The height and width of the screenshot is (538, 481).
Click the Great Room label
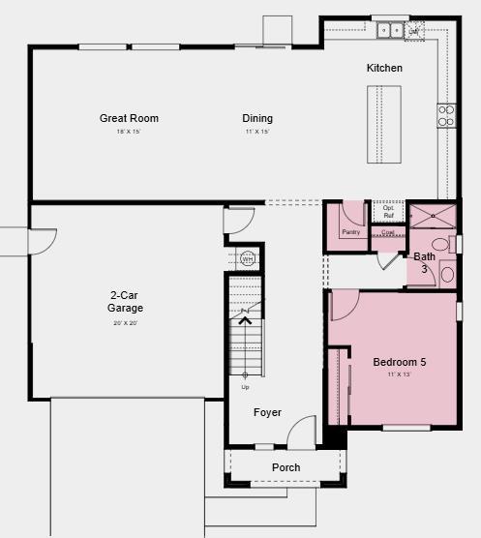[x=129, y=119]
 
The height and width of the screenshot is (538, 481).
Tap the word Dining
[x=256, y=119]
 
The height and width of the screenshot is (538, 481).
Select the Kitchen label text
[x=384, y=68]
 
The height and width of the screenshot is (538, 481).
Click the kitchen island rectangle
[x=383, y=124]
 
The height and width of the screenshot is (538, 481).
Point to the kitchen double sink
[x=391, y=30]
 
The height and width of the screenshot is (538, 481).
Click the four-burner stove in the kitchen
[x=446, y=115]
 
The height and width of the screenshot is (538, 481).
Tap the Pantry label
[x=350, y=232]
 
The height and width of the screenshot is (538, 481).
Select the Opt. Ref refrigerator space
[x=388, y=211]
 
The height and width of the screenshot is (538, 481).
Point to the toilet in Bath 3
[x=442, y=244]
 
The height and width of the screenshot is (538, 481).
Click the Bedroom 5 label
[x=400, y=363]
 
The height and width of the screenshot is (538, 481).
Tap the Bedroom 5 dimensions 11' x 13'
[x=400, y=374]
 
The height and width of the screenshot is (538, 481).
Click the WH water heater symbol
[x=247, y=258]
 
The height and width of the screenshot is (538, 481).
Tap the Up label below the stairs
[x=245, y=387]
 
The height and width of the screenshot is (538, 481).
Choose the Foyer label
[x=267, y=412]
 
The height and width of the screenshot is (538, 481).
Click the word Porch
[x=286, y=467]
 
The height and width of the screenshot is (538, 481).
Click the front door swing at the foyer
[x=303, y=431]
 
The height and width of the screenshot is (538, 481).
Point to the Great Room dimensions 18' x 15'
[x=129, y=132]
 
